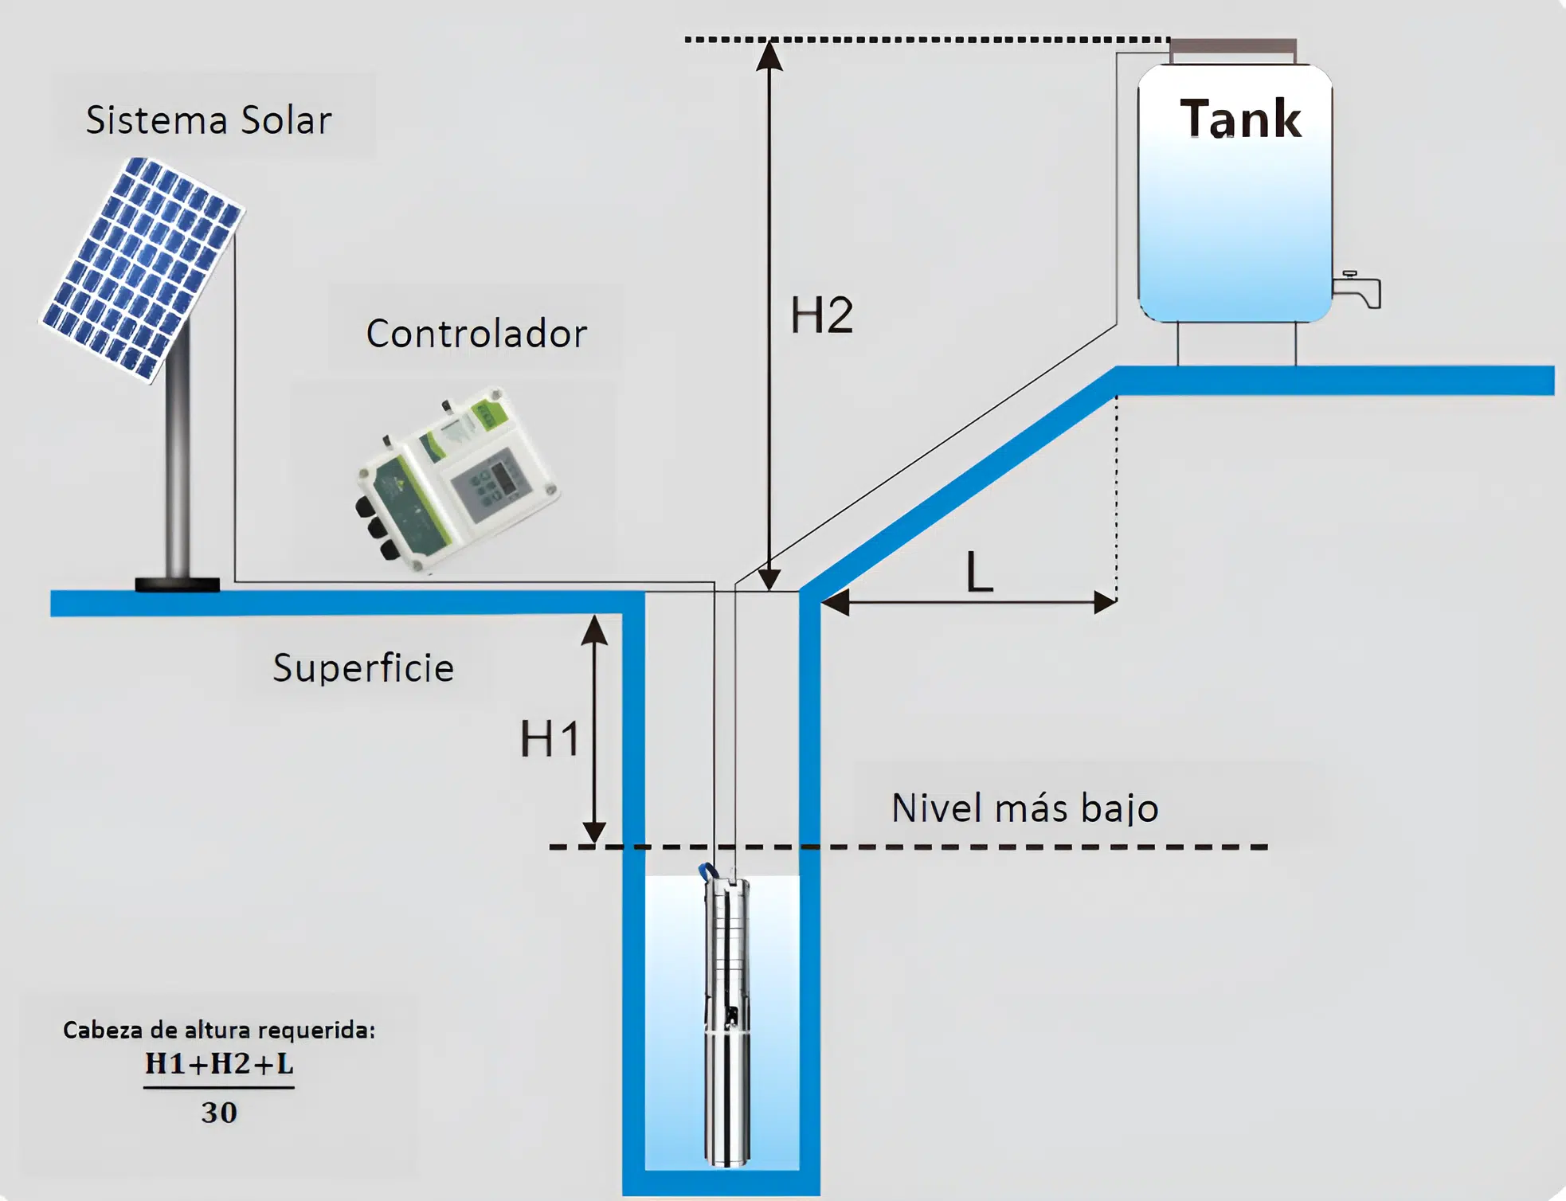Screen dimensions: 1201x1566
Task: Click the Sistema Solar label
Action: coord(209,120)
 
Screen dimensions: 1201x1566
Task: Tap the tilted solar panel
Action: coord(142,267)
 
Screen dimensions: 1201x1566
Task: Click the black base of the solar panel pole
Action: coord(177,585)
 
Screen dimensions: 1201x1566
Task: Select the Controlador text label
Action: coord(476,334)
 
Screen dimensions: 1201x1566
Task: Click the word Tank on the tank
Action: coord(1239,119)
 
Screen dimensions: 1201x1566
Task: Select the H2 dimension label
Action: coord(821,315)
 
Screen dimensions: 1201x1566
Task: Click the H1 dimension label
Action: coord(550,739)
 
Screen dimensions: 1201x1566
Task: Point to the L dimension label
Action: coord(979,572)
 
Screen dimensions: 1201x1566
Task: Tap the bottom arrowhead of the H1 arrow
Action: coord(594,832)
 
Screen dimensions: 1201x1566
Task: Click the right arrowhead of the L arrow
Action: coord(1105,603)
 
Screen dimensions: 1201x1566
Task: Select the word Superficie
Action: coord(363,667)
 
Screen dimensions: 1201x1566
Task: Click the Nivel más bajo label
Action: coord(1024,808)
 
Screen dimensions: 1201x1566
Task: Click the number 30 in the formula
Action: coord(219,1113)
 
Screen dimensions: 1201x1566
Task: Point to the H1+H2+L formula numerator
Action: coord(219,1063)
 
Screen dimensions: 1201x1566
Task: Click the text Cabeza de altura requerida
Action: coord(219,1030)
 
